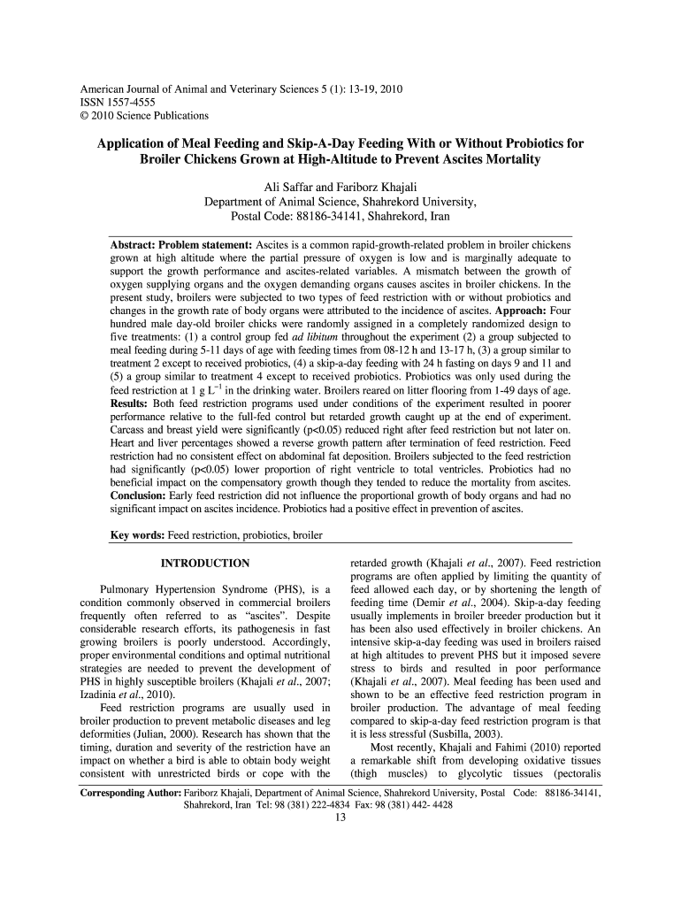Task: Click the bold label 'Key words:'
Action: (x=137, y=535)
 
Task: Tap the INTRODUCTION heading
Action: (x=204, y=564)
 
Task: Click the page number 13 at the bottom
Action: (x=340, y=817)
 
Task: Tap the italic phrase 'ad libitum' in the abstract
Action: (x=313, y=338)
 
